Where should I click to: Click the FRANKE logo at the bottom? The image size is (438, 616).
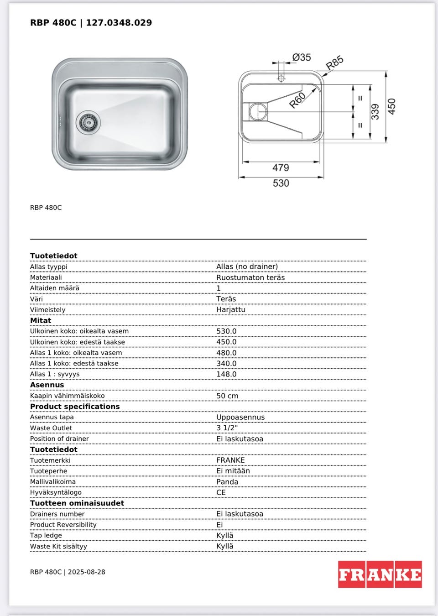380,574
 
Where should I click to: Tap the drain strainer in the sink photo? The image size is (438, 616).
88,122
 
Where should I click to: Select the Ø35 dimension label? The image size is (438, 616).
302,57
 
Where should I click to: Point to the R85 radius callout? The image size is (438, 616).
334,63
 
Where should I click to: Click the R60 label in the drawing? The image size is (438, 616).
297,100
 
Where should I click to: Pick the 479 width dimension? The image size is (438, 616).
281,167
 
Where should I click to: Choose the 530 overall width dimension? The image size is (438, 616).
281,183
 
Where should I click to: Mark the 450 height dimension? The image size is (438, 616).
391,106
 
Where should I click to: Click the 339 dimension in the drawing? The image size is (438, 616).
375,112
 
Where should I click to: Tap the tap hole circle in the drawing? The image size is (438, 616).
281,78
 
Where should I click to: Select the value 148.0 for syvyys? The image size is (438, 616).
226,374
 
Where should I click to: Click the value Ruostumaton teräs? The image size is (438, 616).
250,277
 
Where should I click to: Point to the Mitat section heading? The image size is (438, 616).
41,320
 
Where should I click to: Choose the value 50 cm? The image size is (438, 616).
227,396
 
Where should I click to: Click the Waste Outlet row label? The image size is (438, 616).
51,428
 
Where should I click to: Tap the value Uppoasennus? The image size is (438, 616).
240,417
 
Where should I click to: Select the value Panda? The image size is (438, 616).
227,482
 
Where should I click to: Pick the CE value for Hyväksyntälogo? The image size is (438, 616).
221,492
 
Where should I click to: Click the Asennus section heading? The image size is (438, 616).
47,385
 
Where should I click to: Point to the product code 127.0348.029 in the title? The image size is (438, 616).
119,22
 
